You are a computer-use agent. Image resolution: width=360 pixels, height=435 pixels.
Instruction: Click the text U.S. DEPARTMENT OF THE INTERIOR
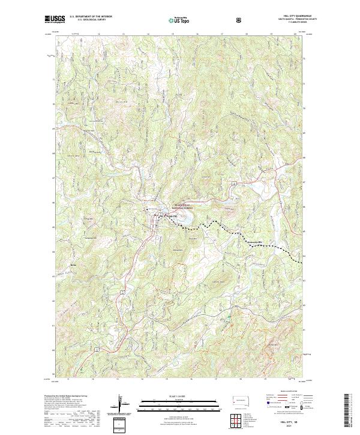91,17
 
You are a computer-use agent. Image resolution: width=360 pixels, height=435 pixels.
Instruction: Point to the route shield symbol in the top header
239,20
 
